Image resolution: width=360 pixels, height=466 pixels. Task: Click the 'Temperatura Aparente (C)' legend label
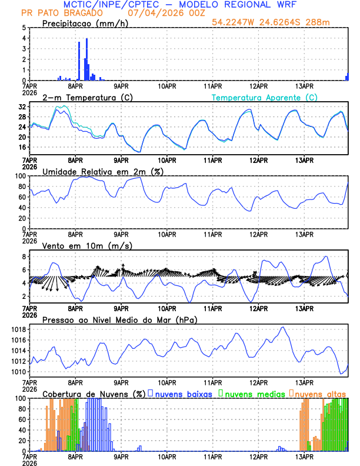pyautogui.click(x=265, y=97)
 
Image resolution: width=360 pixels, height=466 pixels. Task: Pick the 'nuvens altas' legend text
pyautogui.click(x=320, y=394)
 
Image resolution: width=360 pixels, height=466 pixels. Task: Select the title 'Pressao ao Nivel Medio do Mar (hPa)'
pyautogui.click(x=119, y=319)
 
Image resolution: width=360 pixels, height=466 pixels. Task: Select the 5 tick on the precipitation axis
pyautogui.click(x=24, y=28)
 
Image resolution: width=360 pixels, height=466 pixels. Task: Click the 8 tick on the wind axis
pyautogui.click(x=24, y=257)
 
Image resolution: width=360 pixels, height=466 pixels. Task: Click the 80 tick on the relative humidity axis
pyautogui.click(x=22, y=187)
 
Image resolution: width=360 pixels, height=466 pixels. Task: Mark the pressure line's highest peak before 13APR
pyautogui.click(x=283, y=327)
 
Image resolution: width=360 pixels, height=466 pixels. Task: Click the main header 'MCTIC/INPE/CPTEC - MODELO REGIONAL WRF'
pyautogui.click(x=180, y=4)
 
